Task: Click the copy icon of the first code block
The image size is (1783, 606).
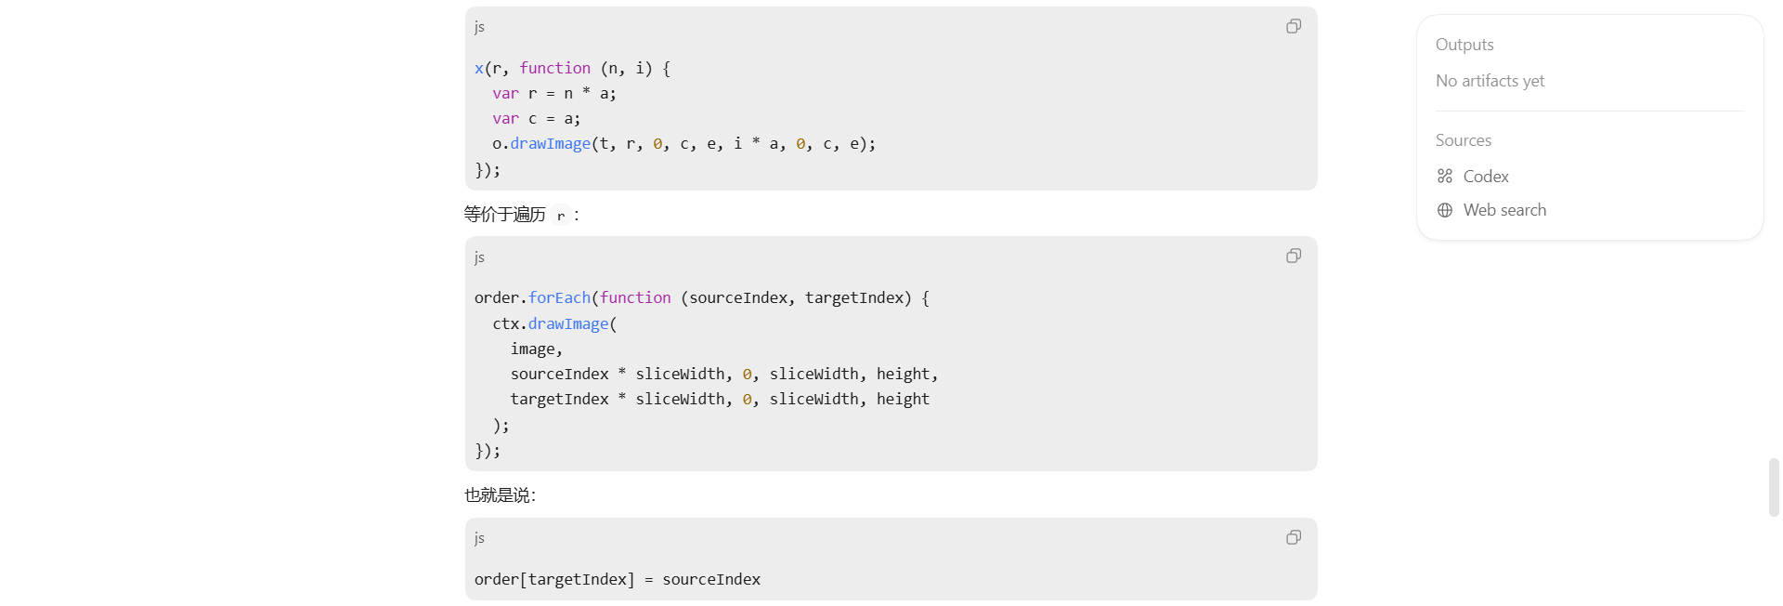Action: [x=1294, y=26]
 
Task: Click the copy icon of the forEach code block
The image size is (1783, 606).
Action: [x=1294, y=256]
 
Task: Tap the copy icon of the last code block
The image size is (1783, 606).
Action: [x=1294, y=537]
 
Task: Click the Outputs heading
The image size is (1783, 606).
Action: [x=1464, y=45]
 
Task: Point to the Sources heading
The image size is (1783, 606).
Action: [x=1464, y=140]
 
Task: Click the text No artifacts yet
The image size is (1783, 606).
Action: [x=1490, y=81]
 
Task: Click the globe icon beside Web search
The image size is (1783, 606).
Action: [x=1445, y=210]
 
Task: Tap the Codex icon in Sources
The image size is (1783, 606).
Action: [x=1445, y=177]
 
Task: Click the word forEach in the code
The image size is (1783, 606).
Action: [x=559, y=297]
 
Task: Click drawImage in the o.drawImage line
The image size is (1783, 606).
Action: [x=550, y=143]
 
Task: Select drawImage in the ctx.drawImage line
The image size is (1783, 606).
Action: [x=568, y=323]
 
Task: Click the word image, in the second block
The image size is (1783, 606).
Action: [x=537, y=349]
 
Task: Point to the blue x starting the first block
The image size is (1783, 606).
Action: [x=479, y=69]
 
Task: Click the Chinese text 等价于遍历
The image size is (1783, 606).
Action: [x=504, y=215]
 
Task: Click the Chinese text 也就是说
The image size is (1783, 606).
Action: [x=497, y=495]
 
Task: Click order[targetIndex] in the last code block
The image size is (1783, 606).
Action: [x=554, y=580]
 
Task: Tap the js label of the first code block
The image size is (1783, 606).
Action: [x=479, y=27]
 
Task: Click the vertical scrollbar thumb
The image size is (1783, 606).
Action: [x=1774, y=487]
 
